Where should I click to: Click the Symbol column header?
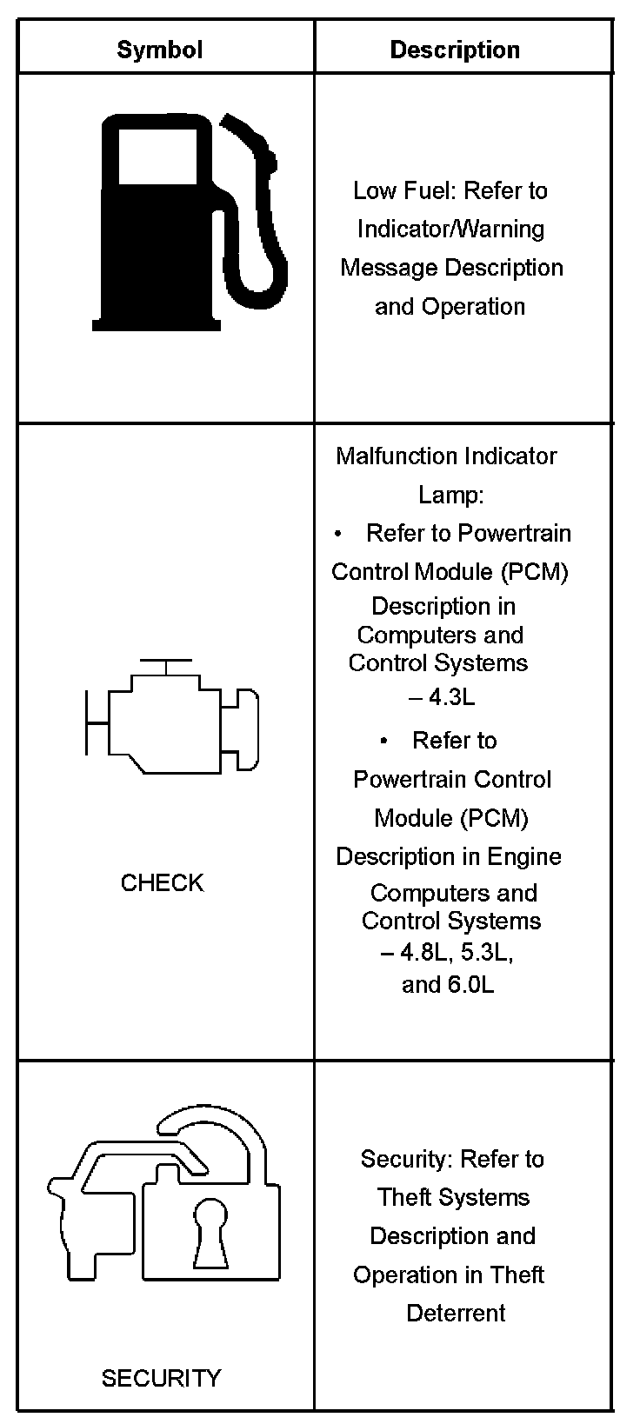160,50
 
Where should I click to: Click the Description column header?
455,50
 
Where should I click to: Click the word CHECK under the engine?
162,883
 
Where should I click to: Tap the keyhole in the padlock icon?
210,1232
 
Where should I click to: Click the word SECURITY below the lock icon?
162,1378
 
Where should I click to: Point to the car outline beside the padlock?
96,1217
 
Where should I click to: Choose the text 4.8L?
425,953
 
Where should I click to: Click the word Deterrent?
456,1313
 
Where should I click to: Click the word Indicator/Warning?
451,230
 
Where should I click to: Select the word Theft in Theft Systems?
405,1198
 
